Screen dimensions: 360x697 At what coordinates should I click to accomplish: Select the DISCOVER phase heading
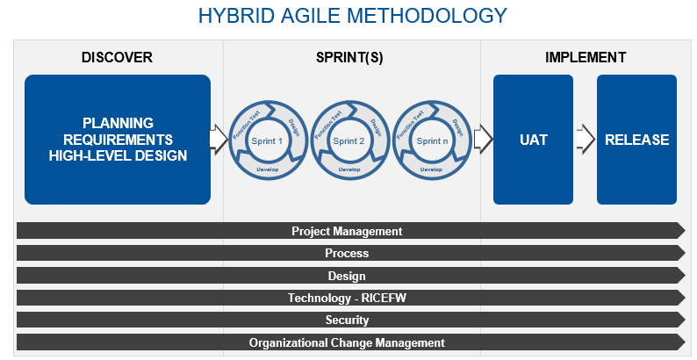(x=117, y=58)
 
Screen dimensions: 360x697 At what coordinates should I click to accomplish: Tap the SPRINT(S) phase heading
(x=349, y=58)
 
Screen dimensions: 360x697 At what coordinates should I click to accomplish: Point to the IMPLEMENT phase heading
(x=586, y=58)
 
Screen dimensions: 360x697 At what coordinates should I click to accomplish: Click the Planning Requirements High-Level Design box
(x=118, y=140)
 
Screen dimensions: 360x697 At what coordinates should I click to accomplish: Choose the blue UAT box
(x=533, y=140)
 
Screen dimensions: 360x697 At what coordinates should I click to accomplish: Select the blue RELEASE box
(x=636, y=140)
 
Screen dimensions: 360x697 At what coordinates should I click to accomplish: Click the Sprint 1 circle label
(x=267, y=140)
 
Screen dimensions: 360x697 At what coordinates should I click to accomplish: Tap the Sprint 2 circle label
(x=348, y=140)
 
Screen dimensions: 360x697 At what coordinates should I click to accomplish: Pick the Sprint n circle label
(x=430, y=140)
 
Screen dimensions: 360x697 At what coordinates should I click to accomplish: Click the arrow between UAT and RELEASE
(x=586, y=139)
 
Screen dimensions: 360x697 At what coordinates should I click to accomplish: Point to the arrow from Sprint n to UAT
(x=482, y=138)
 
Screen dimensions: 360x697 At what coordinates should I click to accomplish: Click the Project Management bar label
(x=347, y=232)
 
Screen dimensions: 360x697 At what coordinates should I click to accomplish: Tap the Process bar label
(x=347, y=254)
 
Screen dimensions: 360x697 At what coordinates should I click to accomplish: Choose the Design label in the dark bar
(x=347, y=276)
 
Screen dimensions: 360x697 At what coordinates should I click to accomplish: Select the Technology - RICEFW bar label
(x=347, y=299)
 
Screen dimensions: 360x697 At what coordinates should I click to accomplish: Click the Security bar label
(x=347, y=320)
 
